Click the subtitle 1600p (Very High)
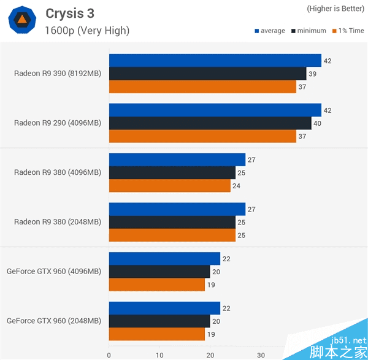tap(87, 30)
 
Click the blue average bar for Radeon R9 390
tap(215, 60)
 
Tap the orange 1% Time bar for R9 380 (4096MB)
tap(169, 185)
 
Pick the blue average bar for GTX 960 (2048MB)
tap(164, 308)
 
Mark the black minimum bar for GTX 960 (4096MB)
tap(159, 271)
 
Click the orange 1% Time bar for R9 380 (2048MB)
tap(172, 235)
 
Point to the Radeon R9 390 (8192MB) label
tap(58, 74)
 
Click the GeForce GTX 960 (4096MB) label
tap(54, 271)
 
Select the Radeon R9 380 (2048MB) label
tap(58, 222)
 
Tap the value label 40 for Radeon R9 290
tap(317, 123)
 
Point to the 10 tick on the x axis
tap(159, 354)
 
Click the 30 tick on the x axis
tap(261, 354)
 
